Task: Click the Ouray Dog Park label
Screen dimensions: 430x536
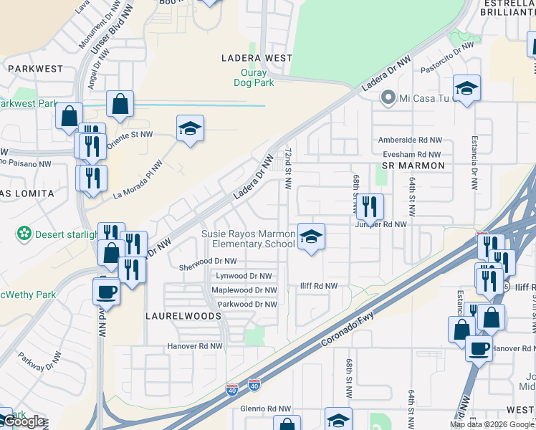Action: [254, 78]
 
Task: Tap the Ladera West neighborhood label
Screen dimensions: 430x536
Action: [257, 58]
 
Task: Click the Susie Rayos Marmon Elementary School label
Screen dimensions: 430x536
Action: [248, 239]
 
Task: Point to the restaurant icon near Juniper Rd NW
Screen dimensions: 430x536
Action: [369, 207]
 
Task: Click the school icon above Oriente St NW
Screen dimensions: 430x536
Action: [190, 129]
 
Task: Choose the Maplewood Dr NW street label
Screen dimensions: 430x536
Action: [244, 290]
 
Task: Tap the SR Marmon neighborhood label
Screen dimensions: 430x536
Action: [413, 166]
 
